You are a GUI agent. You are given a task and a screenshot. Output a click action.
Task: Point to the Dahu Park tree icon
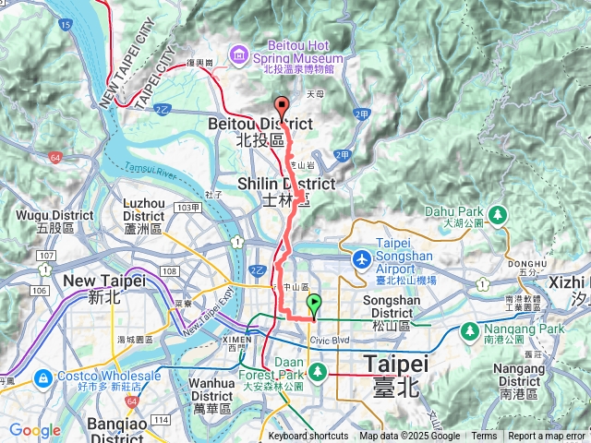(x=499, y=214)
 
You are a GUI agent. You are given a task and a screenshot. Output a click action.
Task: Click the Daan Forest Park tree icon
(x=319, y=371)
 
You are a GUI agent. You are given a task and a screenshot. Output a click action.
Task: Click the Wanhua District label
(x=218, y=394)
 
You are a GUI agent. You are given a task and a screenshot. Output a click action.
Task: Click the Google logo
(x=34, y=430)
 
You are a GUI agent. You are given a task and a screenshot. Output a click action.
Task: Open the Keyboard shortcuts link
(x=308, y=437)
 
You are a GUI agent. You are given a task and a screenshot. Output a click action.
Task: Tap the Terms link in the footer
(x=484, y=437)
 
